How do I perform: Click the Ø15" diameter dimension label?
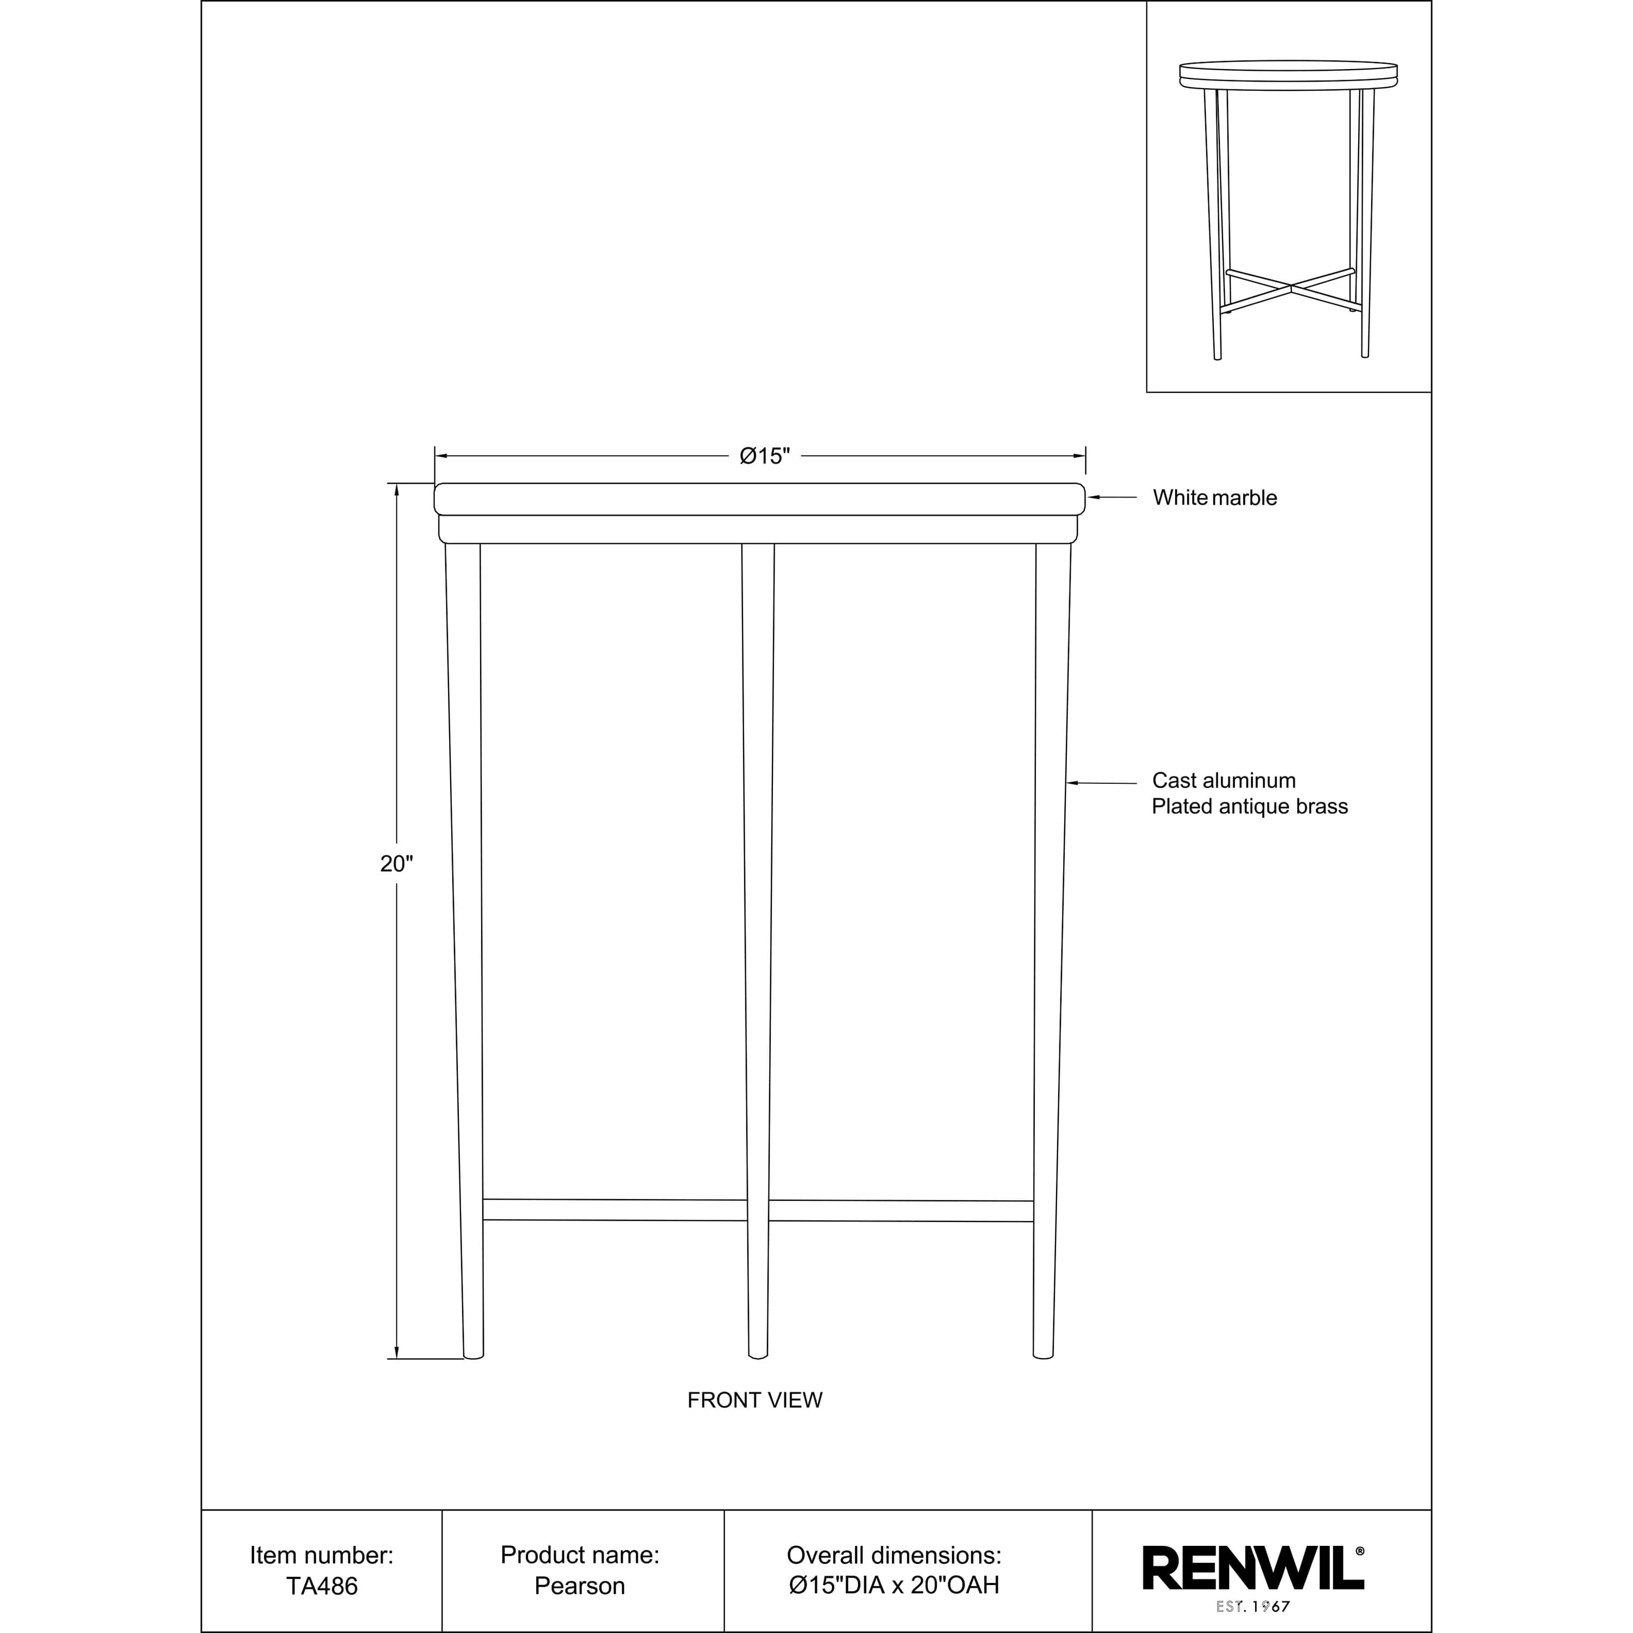tap(764, 457)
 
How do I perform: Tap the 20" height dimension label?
tap(396, 864)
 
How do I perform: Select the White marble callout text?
tap(1214, 498)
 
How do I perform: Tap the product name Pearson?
tap(580, 1587)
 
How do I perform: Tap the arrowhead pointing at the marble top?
tap(1092, 498)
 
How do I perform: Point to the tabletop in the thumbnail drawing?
tap(1287, 73)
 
